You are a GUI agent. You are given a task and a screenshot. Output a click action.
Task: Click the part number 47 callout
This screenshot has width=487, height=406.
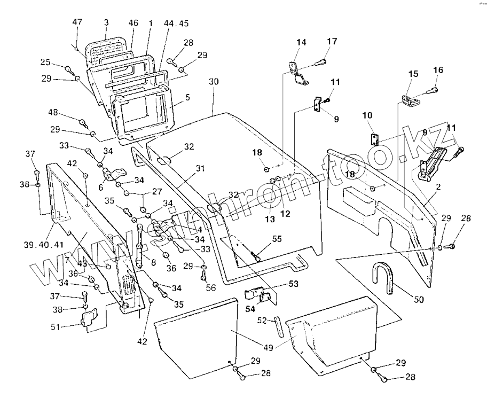point(77,22)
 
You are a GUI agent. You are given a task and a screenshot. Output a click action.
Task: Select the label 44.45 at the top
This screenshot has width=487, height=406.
point(176,24)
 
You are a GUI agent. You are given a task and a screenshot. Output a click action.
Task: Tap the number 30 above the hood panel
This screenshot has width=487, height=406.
point(214,81)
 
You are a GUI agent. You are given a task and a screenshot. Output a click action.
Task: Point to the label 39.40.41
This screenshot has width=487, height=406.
point(43,245)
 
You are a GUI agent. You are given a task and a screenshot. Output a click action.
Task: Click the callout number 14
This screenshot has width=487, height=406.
point(301,42)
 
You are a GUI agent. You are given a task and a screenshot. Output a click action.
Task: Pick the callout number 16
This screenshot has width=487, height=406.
point(438,70)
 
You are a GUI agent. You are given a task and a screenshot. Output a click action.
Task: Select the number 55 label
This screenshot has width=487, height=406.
point(277,239)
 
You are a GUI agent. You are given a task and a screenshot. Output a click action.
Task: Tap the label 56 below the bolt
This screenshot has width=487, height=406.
point(210,287)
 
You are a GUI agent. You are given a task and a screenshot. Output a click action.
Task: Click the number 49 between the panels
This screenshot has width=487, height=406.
point(268,347)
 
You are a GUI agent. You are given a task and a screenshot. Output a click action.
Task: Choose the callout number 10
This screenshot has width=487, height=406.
point(367,115)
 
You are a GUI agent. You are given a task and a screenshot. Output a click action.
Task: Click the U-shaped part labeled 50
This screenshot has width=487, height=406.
point(383,277)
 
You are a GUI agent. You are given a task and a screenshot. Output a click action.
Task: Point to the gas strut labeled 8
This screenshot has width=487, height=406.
point(139,246)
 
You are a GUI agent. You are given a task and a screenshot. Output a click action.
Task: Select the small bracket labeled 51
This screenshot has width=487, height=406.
point(89,317)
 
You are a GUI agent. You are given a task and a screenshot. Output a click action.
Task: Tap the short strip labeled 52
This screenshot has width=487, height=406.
point(279,327)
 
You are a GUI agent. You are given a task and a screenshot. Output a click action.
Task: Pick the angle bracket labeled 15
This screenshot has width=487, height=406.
point(411,100)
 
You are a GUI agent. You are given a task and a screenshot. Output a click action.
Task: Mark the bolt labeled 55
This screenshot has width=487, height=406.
point(256,256)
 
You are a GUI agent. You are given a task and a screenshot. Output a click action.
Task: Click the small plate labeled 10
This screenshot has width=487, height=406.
point(374,139)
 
